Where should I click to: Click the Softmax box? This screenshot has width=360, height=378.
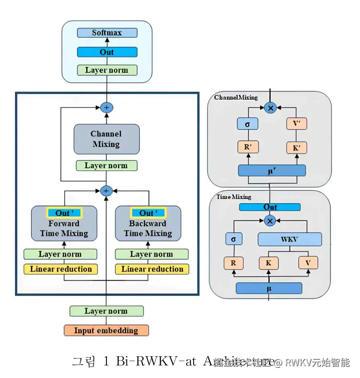107,33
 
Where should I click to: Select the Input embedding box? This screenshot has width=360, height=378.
106,331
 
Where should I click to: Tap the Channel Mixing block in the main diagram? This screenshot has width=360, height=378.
106,139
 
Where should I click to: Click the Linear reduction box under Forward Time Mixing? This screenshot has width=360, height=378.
61,269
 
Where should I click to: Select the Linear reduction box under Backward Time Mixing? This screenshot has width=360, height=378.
152,269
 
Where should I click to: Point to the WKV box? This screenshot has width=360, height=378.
290,240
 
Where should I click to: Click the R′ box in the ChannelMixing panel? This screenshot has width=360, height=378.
248,147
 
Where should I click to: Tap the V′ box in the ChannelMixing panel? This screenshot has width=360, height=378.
297,124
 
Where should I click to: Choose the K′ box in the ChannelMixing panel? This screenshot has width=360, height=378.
297,147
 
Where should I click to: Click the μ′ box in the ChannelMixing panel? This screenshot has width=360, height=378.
272,170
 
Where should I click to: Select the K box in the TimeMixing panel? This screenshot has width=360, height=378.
268,263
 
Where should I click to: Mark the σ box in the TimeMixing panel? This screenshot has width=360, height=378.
234,240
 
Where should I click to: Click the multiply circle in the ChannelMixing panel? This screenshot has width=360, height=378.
270,108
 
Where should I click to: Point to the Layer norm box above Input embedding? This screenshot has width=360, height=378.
106,311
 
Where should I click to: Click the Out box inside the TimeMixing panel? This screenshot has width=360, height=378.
270,207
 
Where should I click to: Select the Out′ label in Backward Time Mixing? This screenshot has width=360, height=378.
148,213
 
